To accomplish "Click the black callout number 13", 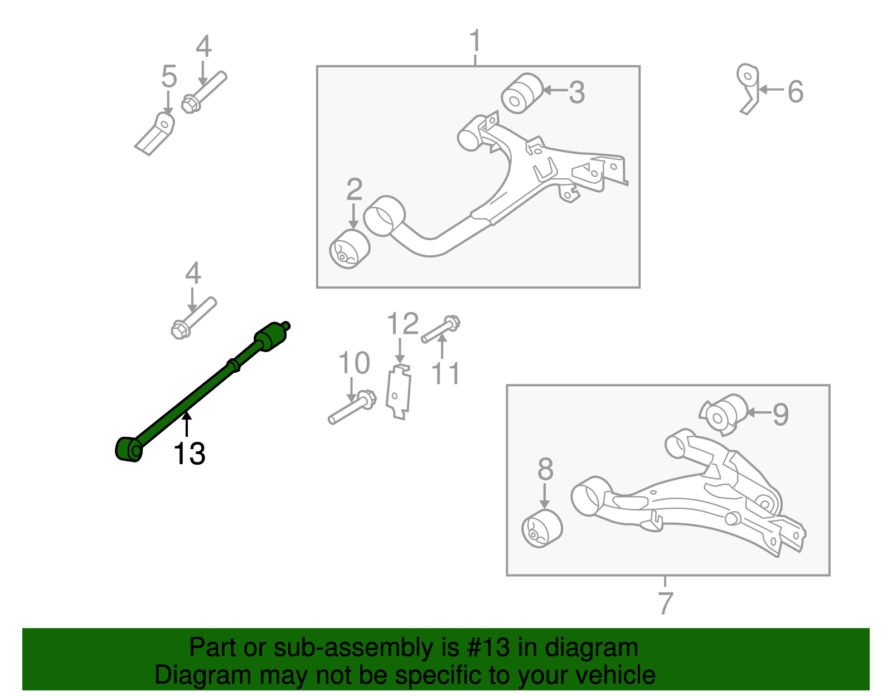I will (190, 454).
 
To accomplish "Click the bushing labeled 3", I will (522, 93).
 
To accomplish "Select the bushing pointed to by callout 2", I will (350, 249).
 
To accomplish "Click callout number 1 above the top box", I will (475, 41).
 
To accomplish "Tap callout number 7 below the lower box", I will (665, 602).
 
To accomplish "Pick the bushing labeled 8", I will (542, 529).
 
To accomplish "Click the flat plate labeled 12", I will (399, 391).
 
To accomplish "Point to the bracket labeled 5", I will (156, 133).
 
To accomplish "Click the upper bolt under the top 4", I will (204, 93).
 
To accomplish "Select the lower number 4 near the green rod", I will (193, 274).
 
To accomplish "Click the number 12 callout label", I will (403, 324).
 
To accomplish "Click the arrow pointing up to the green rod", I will (187, 423).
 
